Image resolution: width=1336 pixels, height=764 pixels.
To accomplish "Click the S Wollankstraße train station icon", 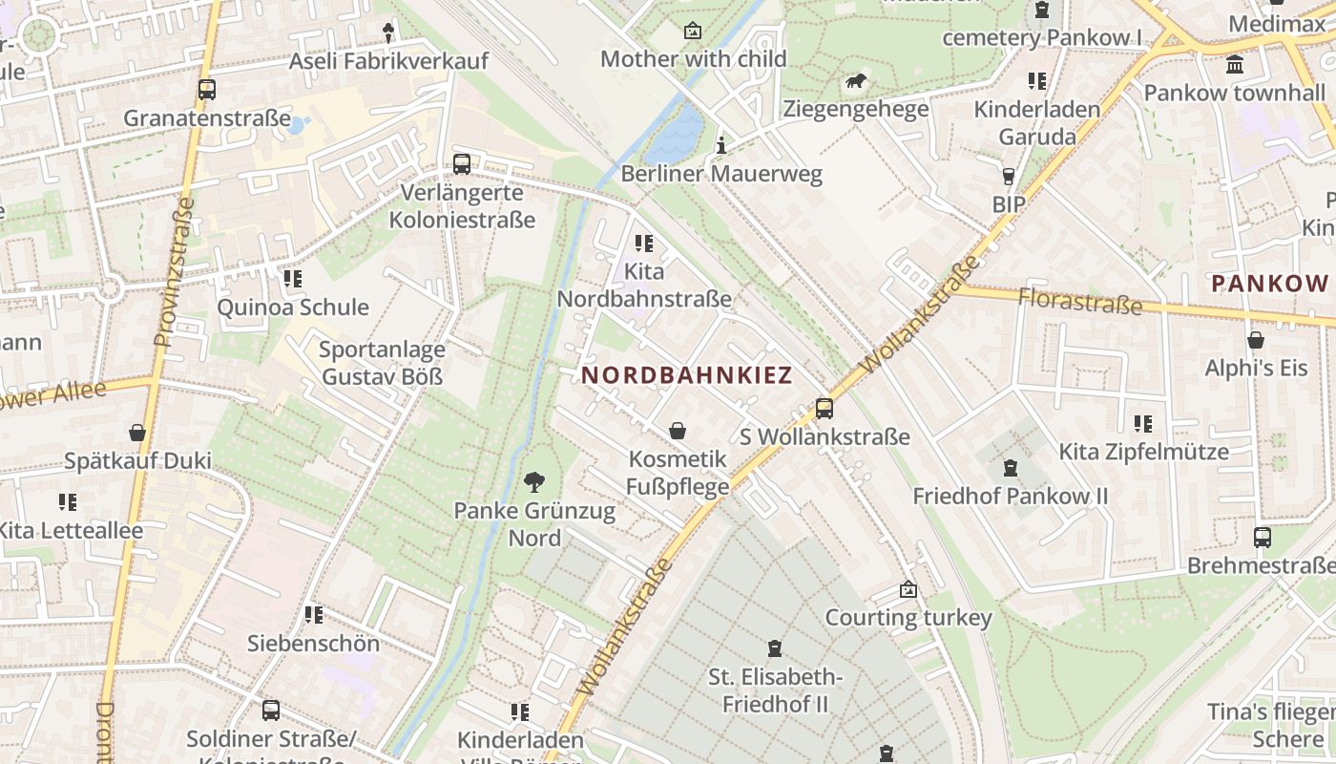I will click(x=825, y=409).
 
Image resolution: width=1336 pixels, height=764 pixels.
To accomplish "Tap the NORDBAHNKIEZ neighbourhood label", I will click(x=687, y=376).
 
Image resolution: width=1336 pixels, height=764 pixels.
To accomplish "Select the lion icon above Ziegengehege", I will click(x=856, y=82).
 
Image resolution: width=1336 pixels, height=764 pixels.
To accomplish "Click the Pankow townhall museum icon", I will click(x=1236, y=65).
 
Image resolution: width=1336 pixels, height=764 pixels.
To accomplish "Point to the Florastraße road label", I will click(x=1079, y=301).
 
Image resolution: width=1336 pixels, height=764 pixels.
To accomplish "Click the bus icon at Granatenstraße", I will click(x=207, y=90).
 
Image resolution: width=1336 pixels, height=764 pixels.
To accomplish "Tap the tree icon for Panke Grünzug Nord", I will click(x=534, y=482).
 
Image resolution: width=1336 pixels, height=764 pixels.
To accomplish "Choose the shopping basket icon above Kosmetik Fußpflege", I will click(x=678, y=431).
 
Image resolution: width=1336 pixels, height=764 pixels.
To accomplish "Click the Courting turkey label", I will click(x=908, y=618).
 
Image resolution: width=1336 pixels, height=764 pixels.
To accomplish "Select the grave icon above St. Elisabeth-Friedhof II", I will click(x=774, y=648).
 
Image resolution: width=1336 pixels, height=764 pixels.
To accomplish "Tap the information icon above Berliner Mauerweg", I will click(x=721, y=146).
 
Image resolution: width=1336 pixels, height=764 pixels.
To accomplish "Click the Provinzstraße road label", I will click(x=174, y=272).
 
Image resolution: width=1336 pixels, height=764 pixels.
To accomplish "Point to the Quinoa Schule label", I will click(x=293, y=308).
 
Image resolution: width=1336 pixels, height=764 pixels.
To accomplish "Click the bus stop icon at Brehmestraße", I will click(x=1263, y=538).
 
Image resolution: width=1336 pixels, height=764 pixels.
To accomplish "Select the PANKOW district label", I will click(x=1269, y=284).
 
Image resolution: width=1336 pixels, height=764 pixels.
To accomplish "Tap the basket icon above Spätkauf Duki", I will click(x=137, y=433).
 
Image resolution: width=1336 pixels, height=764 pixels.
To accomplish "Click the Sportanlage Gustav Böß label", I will click(x=382, y=363).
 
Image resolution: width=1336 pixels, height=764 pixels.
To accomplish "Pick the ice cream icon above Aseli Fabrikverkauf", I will click(x=387, y=33).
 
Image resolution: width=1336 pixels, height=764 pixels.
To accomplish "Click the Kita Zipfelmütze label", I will click(x=1144, y=451).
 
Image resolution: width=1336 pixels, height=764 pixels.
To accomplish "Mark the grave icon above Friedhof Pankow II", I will click(x=1011, y=468).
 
